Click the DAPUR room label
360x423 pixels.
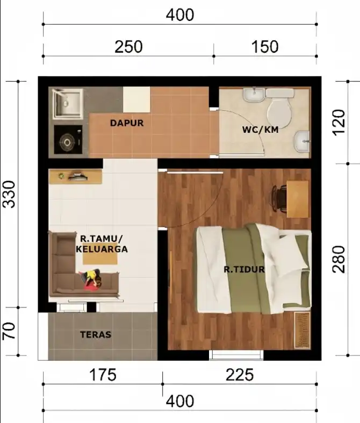tap(127, 123)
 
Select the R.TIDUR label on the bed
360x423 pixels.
tap(244, 269)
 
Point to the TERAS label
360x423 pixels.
tap(96, 334)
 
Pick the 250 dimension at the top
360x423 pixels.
tap(128, 46)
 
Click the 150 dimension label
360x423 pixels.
tap(265, 46)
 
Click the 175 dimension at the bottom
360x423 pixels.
tap(102, 375)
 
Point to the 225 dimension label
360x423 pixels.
tap(240, 375)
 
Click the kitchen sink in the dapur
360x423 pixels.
tap(68, 104)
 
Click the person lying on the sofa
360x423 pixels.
tap(91, 279)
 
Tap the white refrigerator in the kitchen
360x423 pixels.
tap(136, 99)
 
